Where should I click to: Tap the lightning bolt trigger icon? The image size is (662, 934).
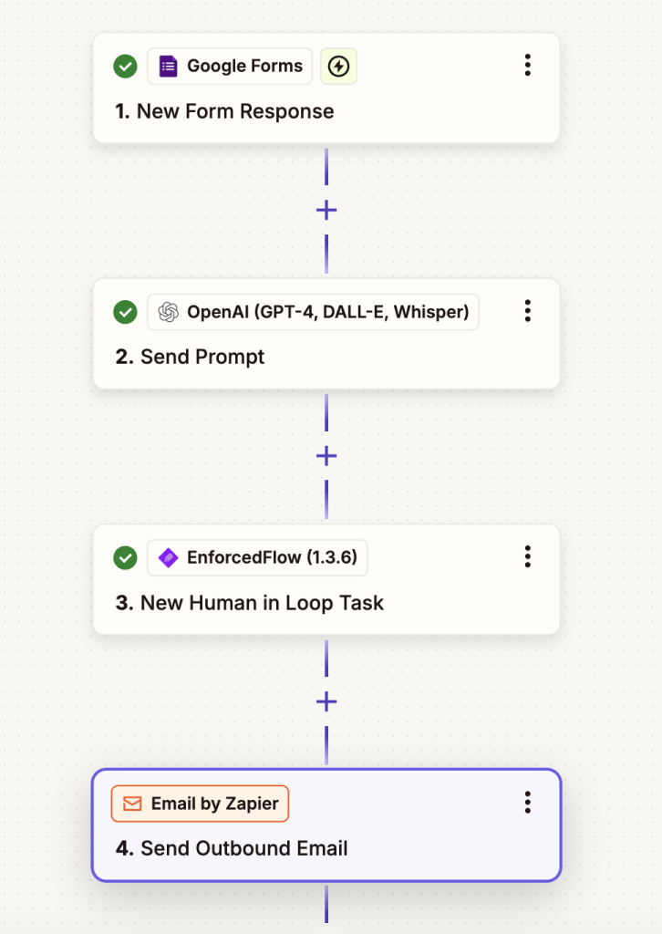(338, 66)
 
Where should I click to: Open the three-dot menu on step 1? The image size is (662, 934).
(527, 65)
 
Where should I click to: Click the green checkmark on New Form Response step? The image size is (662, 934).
(125, 66)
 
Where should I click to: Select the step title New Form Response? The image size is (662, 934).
(224, 111)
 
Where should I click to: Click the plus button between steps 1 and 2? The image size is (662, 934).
(326, 210)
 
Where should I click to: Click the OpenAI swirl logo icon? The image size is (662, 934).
(169, 312)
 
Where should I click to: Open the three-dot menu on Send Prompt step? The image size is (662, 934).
(527, 311)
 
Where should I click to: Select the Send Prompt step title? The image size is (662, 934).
(190, 357)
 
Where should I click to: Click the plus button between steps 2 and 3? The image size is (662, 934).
(326, 456)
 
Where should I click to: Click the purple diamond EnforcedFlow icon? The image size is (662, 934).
(169, 557)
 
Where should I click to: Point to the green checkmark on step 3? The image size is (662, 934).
(125, 558)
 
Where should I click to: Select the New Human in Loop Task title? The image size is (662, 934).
(250, 603)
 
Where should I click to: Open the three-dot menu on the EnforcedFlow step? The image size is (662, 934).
(527, 556)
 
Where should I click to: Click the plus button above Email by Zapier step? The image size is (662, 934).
(326, 701)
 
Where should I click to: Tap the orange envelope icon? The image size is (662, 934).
(132, 804)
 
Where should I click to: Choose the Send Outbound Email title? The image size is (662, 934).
(232, 848)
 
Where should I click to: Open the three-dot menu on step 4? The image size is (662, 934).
(527, 803)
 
